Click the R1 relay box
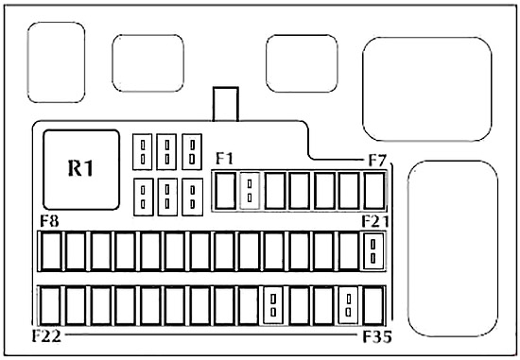[81, 170]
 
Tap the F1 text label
[224, 158]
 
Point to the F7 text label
[377, 161]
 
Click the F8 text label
[49, 221]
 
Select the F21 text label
[375, 221]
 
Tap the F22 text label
[46, 336]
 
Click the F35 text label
[377, 336]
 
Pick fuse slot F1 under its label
[226, 191]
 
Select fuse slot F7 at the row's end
[374, 191]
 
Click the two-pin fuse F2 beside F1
[250, 191]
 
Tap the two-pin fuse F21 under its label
[373, 251]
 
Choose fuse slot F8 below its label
[51, 251]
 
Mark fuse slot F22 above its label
[50, 305]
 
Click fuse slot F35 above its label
[373, 305]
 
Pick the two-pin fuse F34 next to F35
[348, 305]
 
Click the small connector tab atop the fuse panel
[226, 104]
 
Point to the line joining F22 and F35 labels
[211, 334]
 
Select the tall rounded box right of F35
[453, 249]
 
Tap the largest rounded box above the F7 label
[427, 89]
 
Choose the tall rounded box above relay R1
[57, 62]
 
